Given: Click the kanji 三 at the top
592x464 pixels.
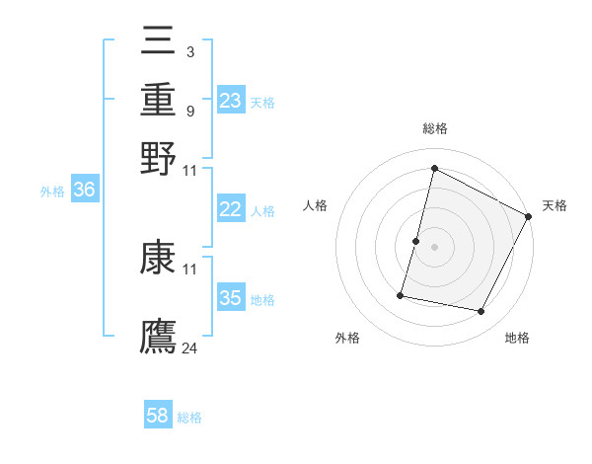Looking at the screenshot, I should click(x=159, y=41).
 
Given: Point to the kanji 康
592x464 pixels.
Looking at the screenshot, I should click(x=159, y=259).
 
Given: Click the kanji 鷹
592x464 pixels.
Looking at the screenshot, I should click(x=159, y=336).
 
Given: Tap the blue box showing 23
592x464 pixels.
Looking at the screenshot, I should click(x=231, y=101).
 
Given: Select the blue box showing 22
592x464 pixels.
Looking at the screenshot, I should click(x=231, y=209).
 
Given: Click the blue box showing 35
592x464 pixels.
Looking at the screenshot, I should click(x=231, y=299).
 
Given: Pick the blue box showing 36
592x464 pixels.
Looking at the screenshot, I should click(x=84, y=191).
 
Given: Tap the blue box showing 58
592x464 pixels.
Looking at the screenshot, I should click(x=158, y=416).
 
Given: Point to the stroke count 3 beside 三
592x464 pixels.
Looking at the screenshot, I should click(x=189, y=51).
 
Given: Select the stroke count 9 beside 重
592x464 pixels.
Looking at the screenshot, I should click(x=189, y=110).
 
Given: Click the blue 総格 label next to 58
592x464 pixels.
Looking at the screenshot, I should click(x=189, y=418).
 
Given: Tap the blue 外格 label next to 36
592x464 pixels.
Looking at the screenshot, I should click(x=51, y=193).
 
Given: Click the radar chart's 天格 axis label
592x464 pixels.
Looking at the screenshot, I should click(x=555, y=205).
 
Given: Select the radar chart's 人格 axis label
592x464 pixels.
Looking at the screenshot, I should click(x=315, y=205).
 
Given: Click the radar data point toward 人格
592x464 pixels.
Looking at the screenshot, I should click(x=416, y=241).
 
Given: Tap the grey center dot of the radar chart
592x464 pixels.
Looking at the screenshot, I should click(x=434, y=247).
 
